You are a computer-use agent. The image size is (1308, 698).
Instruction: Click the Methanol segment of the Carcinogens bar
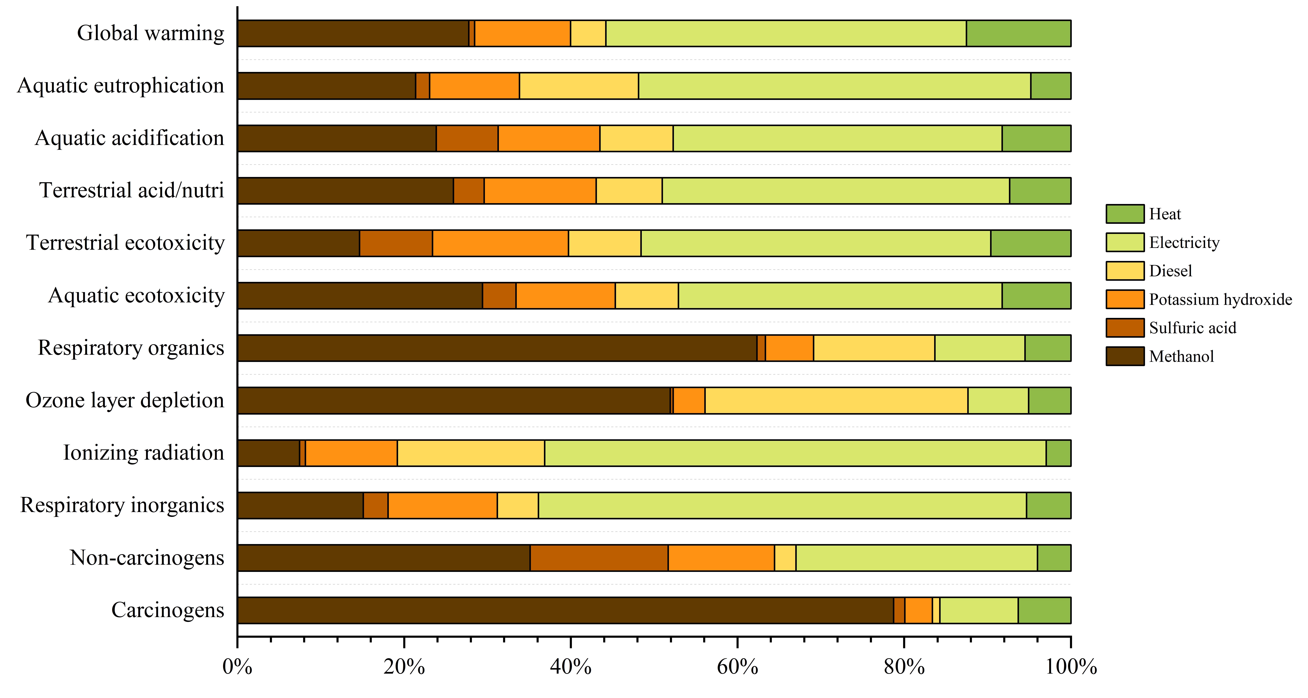pos(565,610)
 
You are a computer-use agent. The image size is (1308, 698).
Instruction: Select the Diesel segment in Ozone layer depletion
pos(836,400)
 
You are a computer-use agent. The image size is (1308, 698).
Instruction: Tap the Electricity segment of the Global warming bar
pos(786,34)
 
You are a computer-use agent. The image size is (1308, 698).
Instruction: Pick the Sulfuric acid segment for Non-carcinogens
pos(599,558)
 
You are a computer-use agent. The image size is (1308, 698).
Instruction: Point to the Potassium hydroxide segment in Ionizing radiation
pos(351,453)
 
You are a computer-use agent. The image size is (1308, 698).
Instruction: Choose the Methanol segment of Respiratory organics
pos(497,348)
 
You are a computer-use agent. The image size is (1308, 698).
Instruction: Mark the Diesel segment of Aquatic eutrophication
pos(579,86)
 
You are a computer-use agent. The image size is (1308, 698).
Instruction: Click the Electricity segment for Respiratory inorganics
pos(782,506)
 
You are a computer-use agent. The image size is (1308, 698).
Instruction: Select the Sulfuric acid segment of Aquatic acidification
pos(467,138)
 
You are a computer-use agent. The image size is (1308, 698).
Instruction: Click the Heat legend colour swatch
pos(1125,214)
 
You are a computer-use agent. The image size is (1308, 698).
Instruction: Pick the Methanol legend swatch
pos(1125,356)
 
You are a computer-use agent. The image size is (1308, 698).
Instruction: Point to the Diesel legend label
pos(1170,271)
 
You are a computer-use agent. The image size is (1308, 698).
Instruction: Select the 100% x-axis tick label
pos(1070,667)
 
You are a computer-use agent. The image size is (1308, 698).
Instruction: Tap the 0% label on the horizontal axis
pos(237,667)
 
